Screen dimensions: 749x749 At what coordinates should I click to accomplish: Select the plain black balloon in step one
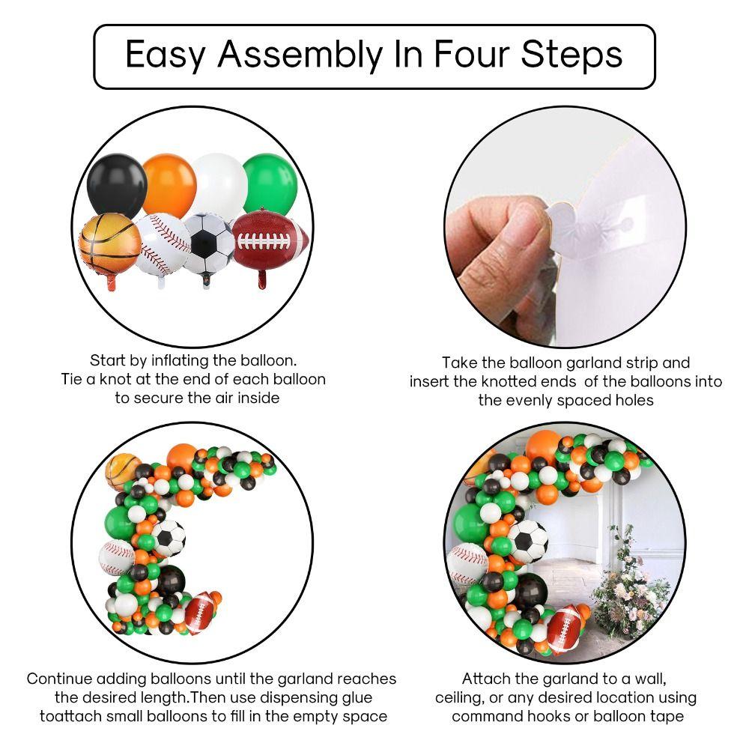[117, 185]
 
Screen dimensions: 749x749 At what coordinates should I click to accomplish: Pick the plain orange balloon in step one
[169, 185]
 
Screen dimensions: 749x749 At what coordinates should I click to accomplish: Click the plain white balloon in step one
[221, 184]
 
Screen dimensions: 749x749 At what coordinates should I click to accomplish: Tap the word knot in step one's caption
[115, 379]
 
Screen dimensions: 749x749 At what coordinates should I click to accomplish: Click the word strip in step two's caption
[641, 364]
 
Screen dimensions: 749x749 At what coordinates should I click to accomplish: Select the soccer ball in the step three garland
[168, 538]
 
